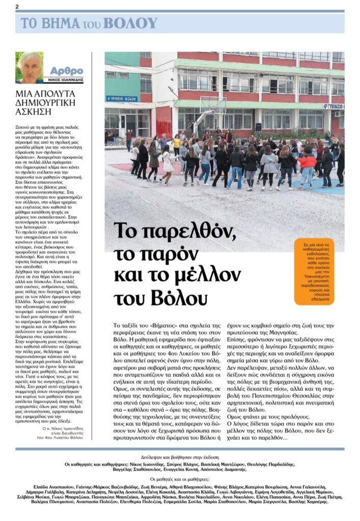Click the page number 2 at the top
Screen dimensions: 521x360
click(17, 6)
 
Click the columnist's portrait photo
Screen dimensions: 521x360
click(29, 67)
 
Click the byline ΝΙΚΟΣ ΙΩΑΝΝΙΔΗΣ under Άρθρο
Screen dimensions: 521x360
click(66, 80)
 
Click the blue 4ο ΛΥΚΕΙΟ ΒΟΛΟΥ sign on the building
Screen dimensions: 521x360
click(122, 99)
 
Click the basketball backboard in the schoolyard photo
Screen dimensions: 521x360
click(213, 104)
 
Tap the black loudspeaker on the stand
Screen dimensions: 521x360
click(258, 127)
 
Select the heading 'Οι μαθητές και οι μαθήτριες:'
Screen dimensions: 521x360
click(180, 479)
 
